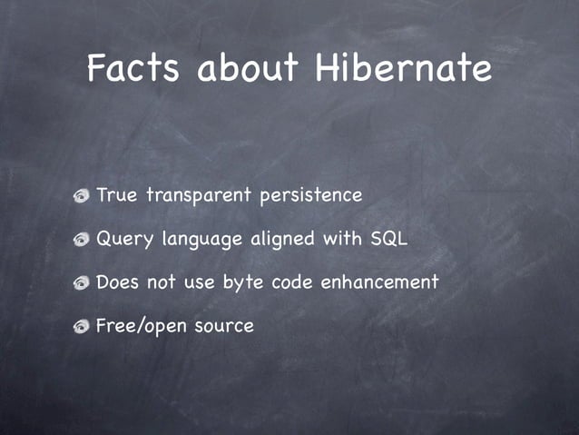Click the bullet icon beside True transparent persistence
[82, 196]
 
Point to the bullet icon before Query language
[82, 241]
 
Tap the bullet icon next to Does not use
[82, 283]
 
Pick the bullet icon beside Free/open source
[82, 326]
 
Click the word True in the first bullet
[115, 195]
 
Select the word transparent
[198, 196]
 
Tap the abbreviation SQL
[389, 239]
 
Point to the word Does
[118, 282]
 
